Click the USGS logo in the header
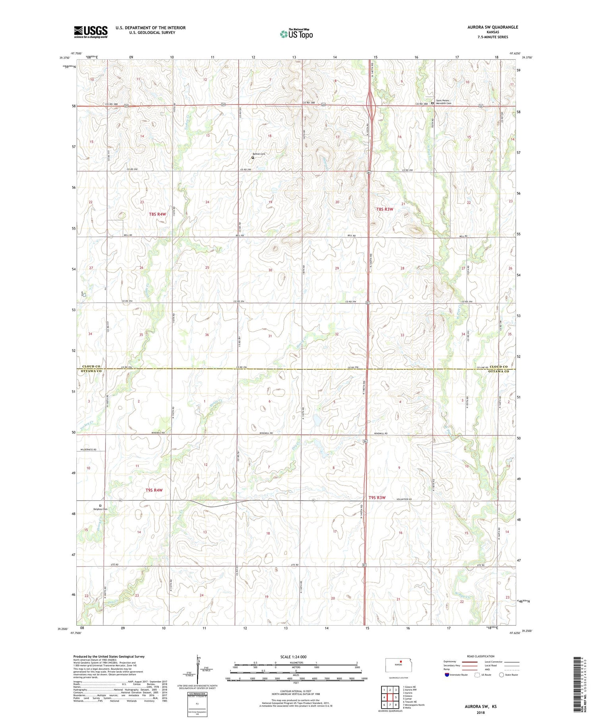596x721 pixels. [x=91, y=32]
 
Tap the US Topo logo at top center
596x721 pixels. [x=296, y=34]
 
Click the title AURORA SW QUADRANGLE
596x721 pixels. [x=493, y=27]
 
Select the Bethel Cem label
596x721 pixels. [x=259, y=154]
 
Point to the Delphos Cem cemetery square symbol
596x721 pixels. [x=100, y=506]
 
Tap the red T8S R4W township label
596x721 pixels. [x=157, y=214]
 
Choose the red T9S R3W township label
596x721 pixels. [x=377, y=498]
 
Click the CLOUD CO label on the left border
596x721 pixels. [x=91, y=366]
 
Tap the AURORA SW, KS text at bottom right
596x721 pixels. [x=480, y=707]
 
